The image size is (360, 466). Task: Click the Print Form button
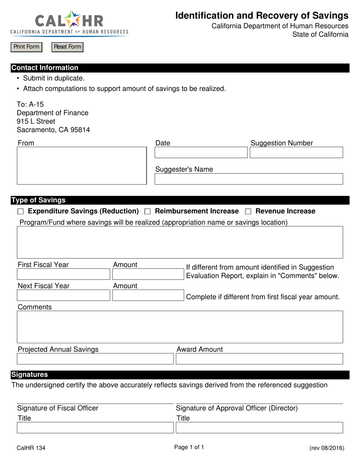click(26, 47)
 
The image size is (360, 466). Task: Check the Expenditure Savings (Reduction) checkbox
click(21, 211)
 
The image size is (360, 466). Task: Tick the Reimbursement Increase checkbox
click(148, 211)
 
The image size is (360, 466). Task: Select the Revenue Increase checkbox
click(248, 211)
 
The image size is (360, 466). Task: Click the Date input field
click(201, 153)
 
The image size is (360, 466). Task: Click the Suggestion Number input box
click(296, 153)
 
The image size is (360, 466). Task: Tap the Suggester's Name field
click(249, 179)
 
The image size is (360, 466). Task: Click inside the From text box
click(81, 166)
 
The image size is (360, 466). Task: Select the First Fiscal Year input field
click(63, 274)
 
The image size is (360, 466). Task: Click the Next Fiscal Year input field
click(63, 296)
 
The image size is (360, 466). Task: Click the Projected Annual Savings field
click(95, 359)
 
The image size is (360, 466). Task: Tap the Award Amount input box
click(260, 359)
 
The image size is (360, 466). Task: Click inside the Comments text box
click(180, 327)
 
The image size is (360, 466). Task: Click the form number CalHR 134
click(31, 448)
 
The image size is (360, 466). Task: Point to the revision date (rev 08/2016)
click(327, 448)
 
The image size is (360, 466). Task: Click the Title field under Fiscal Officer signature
click(95, 428)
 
